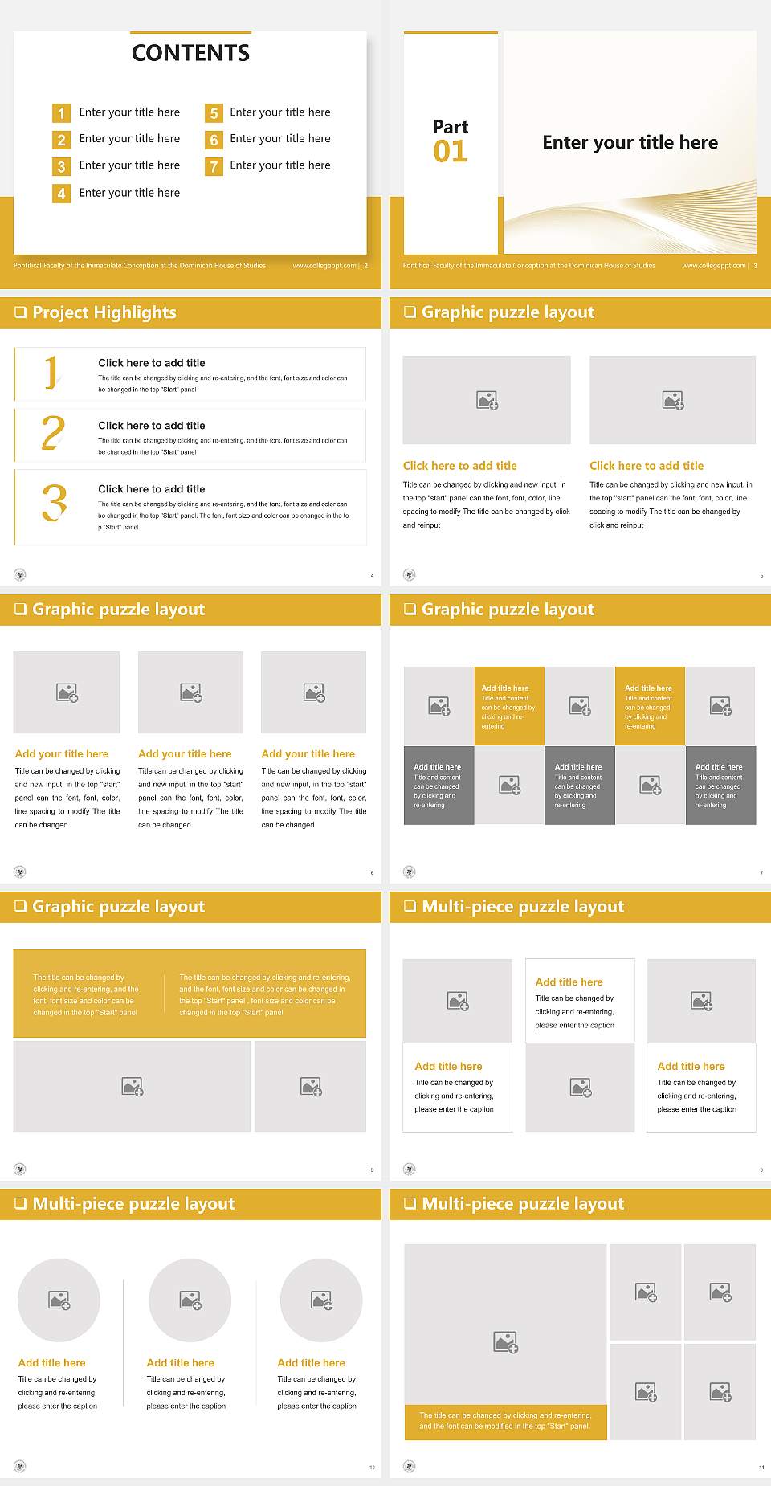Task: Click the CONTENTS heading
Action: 190,53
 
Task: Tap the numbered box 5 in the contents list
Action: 214,113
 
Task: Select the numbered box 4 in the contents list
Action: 61,194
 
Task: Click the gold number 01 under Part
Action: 450,152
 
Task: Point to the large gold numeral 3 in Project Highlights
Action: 55,504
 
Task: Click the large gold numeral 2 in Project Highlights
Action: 53,433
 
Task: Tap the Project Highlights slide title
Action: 104,312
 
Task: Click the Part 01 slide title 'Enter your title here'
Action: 630,143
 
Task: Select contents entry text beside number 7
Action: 279,165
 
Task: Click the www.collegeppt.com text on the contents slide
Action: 324,266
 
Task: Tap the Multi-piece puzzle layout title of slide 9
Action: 523,907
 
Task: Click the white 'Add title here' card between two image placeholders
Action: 580,1001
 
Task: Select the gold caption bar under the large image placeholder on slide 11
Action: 505,1421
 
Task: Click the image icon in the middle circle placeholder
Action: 190,1300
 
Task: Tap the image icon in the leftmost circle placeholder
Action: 59,1300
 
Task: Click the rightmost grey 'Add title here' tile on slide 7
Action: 720,785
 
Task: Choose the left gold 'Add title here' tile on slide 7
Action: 509,706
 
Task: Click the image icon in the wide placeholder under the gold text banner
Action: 133,1087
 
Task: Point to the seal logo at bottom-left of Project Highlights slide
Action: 20,574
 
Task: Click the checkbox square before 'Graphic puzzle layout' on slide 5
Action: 410,312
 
